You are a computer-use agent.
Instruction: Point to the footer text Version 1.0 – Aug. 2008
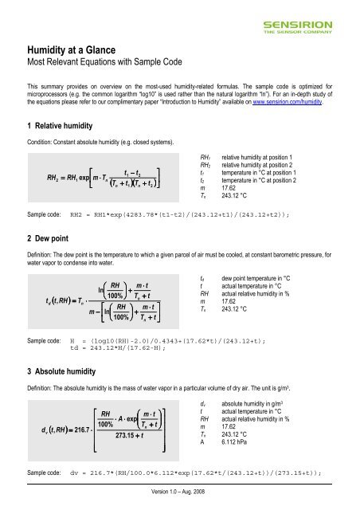179,504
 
